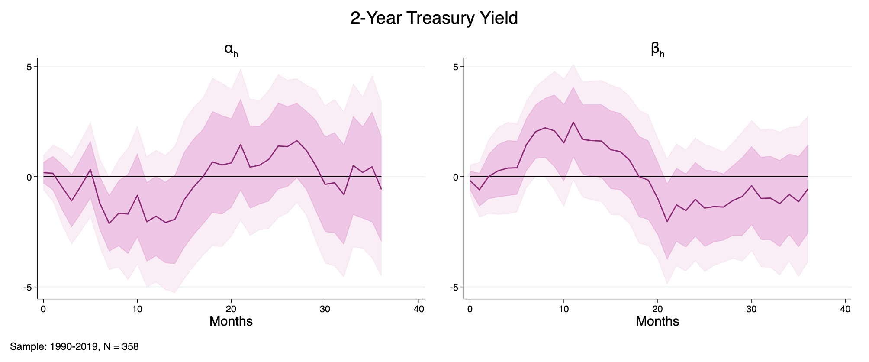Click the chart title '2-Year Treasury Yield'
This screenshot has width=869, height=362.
(434, 18)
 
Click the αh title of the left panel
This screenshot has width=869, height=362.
(231, 50)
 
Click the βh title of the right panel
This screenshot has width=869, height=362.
(657, 50)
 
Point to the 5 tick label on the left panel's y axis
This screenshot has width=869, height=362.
(29, 67)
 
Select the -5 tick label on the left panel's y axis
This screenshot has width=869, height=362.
(28, 288)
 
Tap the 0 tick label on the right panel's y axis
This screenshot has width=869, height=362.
(456, 177)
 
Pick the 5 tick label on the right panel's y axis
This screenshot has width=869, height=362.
(456, 67)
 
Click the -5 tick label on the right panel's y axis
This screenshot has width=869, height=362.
(454, 288)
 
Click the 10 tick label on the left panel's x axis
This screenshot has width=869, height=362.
(137, 309)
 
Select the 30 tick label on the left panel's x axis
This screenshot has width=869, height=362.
(325, 309)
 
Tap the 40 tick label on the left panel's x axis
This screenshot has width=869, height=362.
(419, 309)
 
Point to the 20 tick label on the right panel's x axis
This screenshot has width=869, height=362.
(657, 309)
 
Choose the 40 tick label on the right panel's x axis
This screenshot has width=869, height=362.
(845, 309)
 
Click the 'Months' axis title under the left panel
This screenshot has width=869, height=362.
(231, 321)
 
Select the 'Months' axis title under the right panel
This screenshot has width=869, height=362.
(657, 321)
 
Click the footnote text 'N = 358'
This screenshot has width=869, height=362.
(121, 347)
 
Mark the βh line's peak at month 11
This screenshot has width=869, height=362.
(573, 122)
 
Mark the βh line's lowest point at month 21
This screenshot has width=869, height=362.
(667, 222)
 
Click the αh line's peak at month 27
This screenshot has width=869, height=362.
(297, 141)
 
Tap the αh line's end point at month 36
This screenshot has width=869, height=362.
(381, 189)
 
